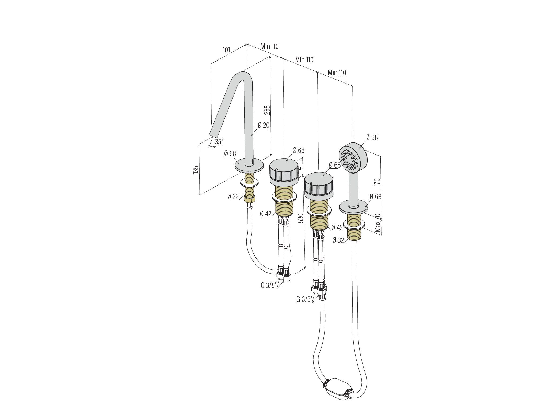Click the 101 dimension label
(x=226, y=50)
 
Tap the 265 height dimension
(x=267, y=110)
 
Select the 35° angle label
(x=219, y=142)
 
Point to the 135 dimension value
(x=196, y=170)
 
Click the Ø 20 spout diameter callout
(x=264, y=125)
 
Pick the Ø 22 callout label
(x=233, y=197)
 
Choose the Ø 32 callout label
(x=338, y=240)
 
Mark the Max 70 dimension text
(x=377, y=223)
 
